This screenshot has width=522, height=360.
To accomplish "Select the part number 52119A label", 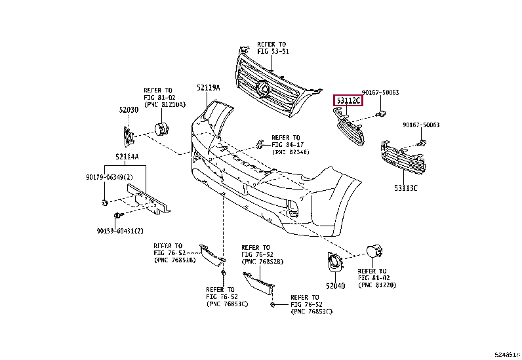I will point(207,87).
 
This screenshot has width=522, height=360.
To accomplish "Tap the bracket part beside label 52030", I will point(129,136).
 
